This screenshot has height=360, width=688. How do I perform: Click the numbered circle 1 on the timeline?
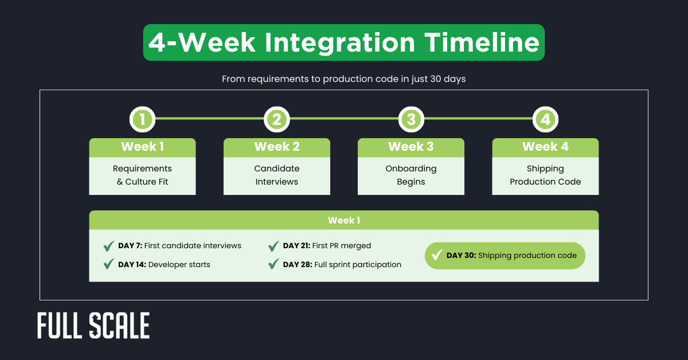click(142, 119)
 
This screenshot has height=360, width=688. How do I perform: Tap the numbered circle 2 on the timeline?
click(276, 119)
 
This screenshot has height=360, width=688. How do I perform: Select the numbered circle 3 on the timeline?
click(411, 119)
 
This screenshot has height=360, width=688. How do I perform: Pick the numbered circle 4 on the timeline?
click(545, 119)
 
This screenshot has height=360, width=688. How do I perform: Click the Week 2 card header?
click(276, 147)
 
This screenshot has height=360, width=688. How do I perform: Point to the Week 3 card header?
click(411, 147)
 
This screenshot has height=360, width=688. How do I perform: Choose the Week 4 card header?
click(545, 147)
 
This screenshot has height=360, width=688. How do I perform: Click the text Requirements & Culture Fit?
click(142, 175)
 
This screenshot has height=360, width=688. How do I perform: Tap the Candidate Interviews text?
click(276, 175)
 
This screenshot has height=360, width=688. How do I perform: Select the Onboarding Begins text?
click(411, 175)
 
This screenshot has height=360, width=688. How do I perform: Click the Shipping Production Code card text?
click(545, 175)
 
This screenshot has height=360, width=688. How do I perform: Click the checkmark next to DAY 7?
click(108, 246)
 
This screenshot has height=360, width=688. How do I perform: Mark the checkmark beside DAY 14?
click(108, 264)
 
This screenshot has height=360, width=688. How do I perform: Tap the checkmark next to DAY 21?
click(273, 246)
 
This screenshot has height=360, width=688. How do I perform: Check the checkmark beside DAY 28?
click(273, 264)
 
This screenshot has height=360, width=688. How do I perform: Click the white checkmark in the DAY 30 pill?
click(437, 255)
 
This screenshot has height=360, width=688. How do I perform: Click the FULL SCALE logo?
click(93, 326)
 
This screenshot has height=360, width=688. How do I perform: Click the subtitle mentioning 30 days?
click(343, 79)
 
